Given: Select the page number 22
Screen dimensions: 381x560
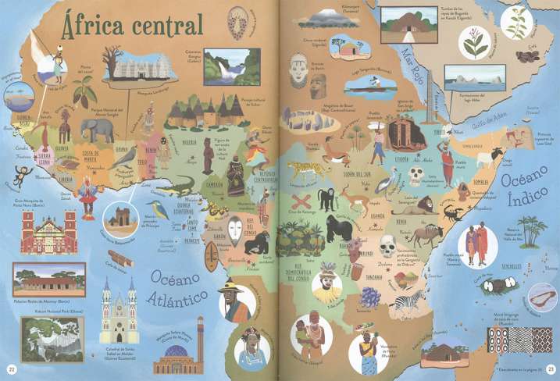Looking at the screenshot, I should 12,369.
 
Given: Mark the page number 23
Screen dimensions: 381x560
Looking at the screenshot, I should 548,369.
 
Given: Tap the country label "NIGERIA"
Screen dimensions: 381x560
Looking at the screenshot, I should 190,143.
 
